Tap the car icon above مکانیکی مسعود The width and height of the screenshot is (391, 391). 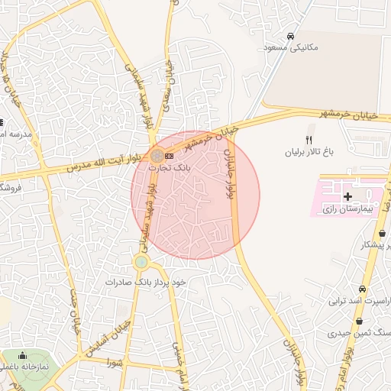(290, 36)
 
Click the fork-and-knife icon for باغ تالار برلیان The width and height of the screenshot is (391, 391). (309, 140)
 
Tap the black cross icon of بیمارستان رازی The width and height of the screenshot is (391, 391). (348, 196)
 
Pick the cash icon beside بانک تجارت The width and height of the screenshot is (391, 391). (169, 156)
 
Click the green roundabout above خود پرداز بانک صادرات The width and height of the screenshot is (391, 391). (141, 263)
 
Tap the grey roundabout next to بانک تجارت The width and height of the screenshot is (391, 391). (156, 155)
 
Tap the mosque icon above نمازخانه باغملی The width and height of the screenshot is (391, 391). (21, 356)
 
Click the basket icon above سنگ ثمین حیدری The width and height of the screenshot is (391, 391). (359, 322)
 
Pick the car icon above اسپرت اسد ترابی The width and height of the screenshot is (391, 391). (361, 289)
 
